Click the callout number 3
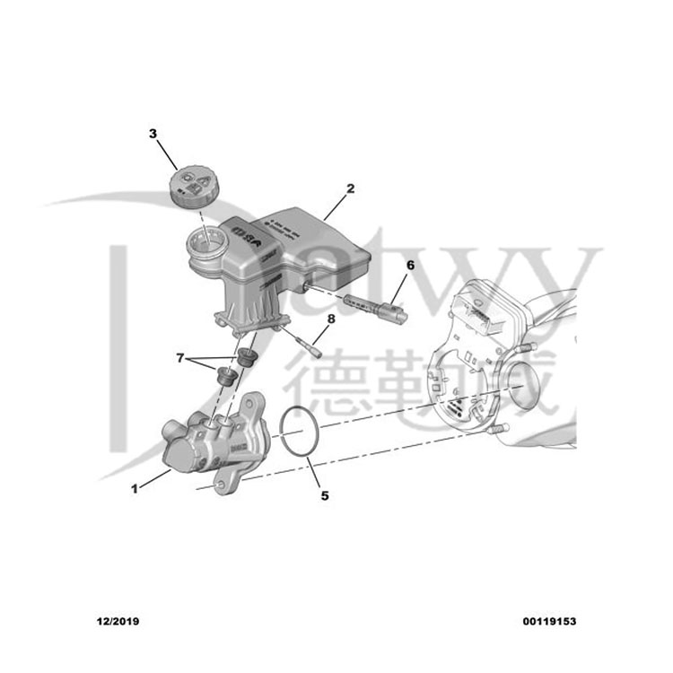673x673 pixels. click(153, 134)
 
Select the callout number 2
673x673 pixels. click(350, 188)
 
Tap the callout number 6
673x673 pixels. click(411, 266)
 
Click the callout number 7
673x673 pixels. click(180, 357)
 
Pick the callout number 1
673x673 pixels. click(135, 489)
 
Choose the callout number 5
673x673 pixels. click(325, 494)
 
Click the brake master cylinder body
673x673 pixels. click(211, 440)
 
